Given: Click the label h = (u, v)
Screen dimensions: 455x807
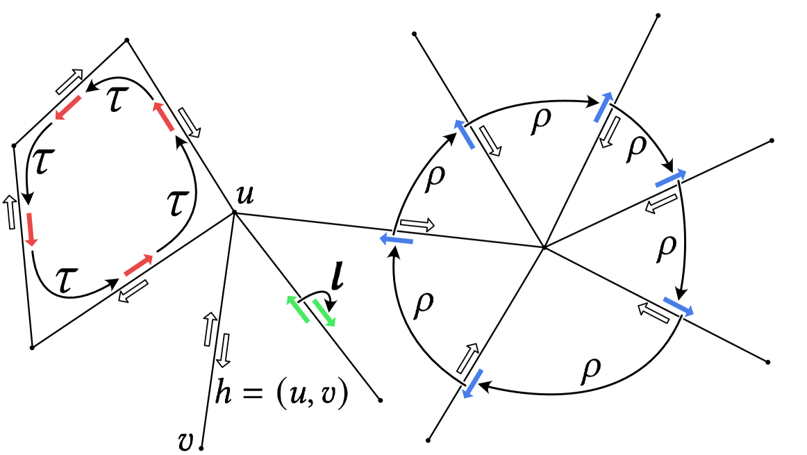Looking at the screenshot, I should tap(282, 394).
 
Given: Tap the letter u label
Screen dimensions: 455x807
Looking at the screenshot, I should tap(244, 194).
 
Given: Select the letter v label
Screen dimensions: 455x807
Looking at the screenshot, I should tap(185, 442).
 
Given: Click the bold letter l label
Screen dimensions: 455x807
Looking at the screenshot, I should tap(341, 276).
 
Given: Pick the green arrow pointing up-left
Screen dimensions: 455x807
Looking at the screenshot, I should tap(298, 309).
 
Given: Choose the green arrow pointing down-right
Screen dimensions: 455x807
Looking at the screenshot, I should tap(324, 313).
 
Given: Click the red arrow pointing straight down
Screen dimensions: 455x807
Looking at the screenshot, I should tap(31, 229).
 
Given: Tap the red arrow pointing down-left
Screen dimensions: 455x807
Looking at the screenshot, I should tap(68, 108).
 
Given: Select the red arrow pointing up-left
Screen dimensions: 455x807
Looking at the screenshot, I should tap(163, 116).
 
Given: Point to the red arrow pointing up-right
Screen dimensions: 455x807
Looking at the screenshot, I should tap(138, 265).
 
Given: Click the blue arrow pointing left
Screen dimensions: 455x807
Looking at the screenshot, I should tap(397, 240).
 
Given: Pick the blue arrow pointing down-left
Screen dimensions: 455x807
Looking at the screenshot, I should tap(473, 383).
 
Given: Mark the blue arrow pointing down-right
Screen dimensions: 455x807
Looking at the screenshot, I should tap(679, 306).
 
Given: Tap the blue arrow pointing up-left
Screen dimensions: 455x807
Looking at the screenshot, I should tap(465, 134).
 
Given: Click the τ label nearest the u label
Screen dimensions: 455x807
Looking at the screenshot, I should tap(178, 204).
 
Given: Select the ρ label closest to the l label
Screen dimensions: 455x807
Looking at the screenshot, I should tap(423, 305).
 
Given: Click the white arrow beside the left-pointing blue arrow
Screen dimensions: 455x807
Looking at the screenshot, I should tap(417, 224).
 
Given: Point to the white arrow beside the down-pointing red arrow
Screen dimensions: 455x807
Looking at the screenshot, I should tap(10, 213).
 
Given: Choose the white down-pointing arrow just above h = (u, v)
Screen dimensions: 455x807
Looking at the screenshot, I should tap(224, 350).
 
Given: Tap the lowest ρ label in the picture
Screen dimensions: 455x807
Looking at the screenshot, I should tap(590, 370).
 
